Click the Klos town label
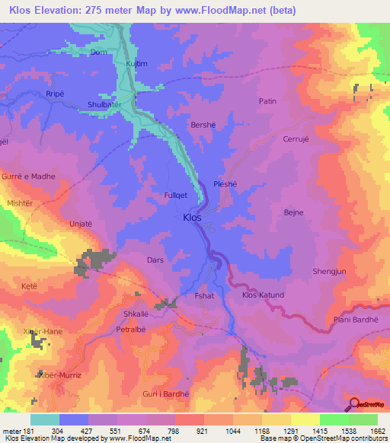193,218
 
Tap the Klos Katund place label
263,295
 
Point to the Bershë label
203,125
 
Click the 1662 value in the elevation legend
377,431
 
